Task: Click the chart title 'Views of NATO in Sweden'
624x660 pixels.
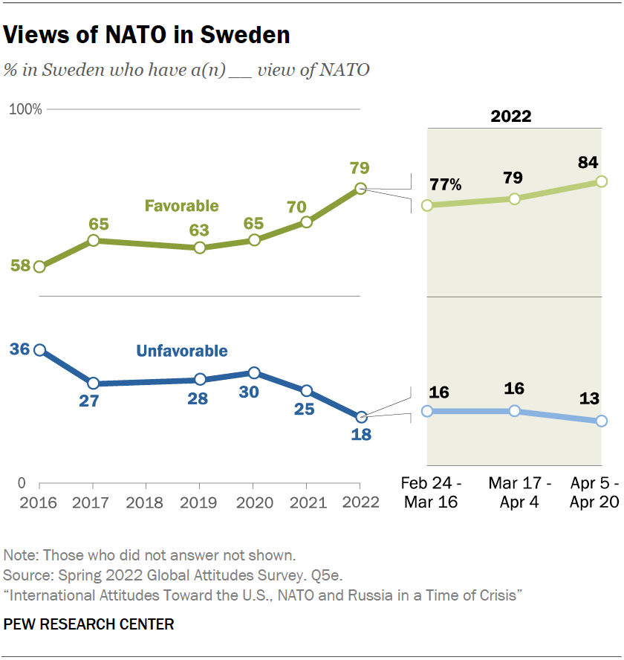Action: pos(147,35)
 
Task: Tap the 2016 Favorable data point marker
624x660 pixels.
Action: pos(39,267)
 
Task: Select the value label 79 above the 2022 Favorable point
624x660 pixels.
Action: pos(360,168)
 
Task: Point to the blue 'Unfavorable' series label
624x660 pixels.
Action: pos(181,351)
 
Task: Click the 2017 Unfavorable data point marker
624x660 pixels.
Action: pos(94,384)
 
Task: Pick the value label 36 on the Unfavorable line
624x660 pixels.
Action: pos(19,348)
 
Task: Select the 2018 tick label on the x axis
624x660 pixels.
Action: pos(146,502)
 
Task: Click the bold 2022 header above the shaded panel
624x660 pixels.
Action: pos(511,116)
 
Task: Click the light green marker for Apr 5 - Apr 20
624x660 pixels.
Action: pos(602,181)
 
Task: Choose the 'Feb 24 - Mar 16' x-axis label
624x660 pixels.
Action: pos(430,492)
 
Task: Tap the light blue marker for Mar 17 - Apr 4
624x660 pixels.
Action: pos(514,411)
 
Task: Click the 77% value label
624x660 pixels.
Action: pos(444,184)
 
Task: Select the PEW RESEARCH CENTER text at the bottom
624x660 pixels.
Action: pos(88,624)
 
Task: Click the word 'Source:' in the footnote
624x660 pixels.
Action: pos(24,575)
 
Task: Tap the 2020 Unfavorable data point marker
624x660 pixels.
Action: pos(254,373)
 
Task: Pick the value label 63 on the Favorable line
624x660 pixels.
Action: pos(199,230)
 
